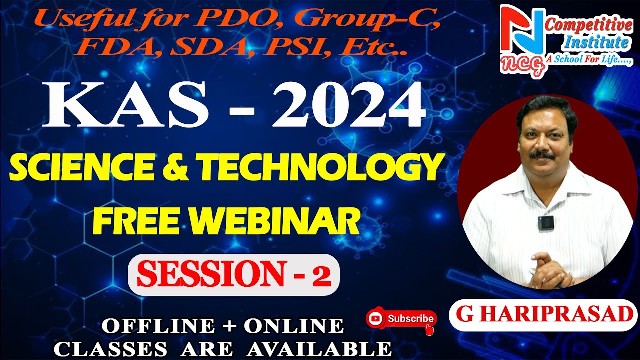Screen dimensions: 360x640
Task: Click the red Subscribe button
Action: [x=402, y=318]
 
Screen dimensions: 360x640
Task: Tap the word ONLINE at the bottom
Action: [x=294, y=326]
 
